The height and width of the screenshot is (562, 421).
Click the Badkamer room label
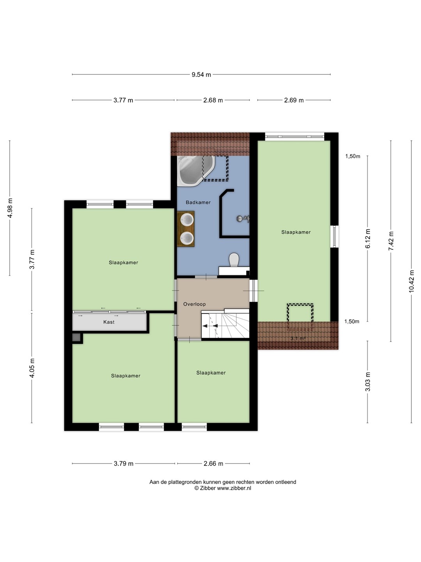click(198, 202)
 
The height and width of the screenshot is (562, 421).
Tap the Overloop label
click(194, 304)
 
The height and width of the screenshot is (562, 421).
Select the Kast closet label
click(109, 322)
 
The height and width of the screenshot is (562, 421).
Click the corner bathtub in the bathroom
click(196, 171)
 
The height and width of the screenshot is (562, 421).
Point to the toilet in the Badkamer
click(234, 260)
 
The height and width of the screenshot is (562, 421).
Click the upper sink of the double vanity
click(187, 220)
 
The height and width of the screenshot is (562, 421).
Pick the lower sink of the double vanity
click(187, 238)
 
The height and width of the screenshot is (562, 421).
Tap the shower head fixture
click(242, 219)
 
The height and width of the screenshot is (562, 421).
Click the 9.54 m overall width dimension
click(201, 75)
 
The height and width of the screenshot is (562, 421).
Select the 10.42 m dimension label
click(411, 281)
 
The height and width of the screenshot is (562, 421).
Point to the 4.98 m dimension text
click(10, 208)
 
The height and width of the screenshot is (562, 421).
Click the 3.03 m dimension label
click(368, 382)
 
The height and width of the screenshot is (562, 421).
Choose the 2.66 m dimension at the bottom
click(214, 463)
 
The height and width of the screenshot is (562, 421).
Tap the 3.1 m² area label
click(298, 338)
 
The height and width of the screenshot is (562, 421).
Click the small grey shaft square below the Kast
click(76, 338)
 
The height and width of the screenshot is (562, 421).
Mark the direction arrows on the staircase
click(210, 326)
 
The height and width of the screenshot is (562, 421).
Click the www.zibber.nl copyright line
click(223, 488)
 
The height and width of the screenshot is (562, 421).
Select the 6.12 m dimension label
click(368, 238)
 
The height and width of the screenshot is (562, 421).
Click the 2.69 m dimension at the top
click(294, 100)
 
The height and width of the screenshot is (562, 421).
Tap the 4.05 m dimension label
click(32, 368)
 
